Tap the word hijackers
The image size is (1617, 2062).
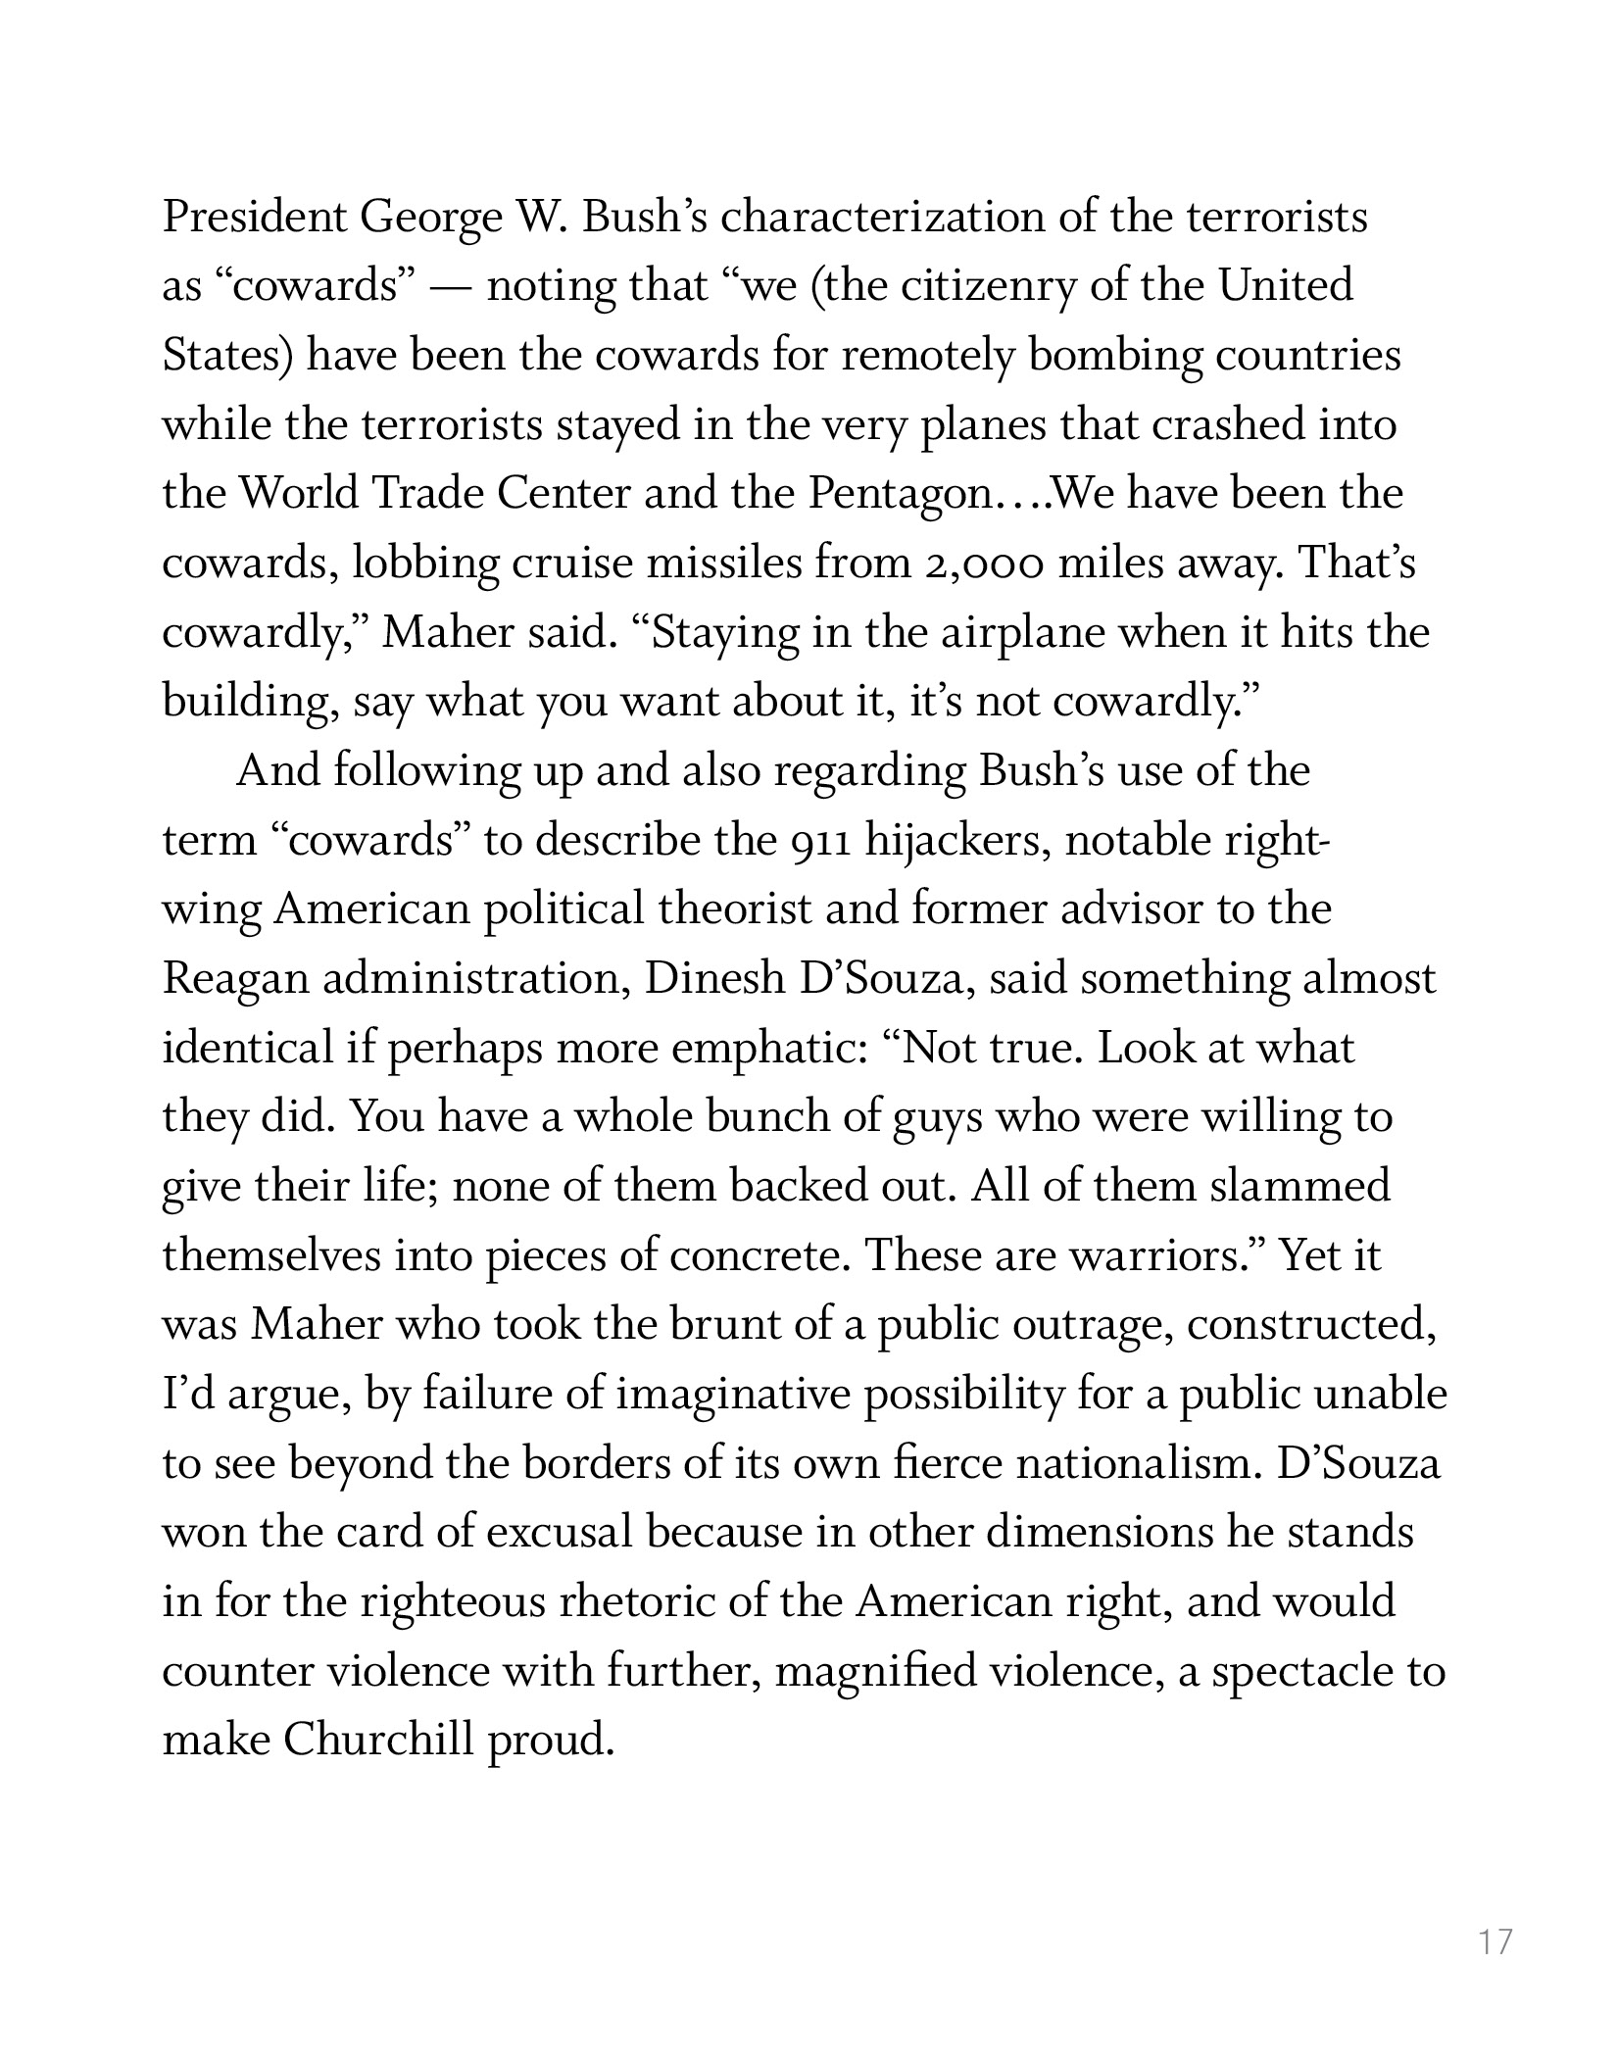(957, 842)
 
